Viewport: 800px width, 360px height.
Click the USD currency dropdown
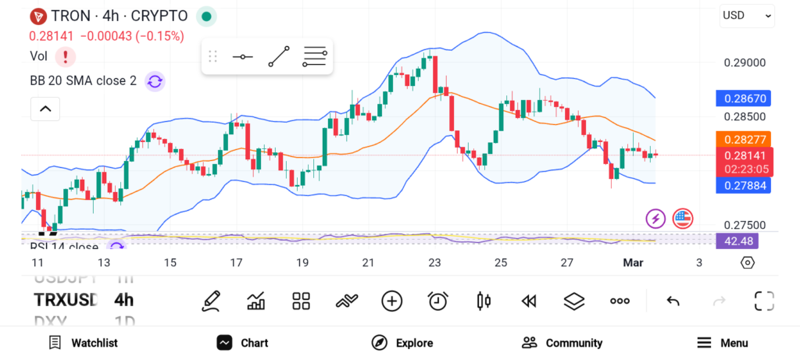coord(746,15)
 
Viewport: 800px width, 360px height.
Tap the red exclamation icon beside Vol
coord(65,56)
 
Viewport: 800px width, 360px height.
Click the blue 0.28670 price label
coord(744,99)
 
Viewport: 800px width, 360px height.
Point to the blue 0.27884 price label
coord(744,185)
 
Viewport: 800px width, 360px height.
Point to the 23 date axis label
coord(434,263)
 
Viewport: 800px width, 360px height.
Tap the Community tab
coord(562,343)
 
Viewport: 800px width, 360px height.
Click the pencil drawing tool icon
coord(210,301)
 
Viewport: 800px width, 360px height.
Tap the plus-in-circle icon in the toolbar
coord(391,301)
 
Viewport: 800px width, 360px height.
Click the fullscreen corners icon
coord(763,301)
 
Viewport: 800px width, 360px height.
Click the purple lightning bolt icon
coord(655,219)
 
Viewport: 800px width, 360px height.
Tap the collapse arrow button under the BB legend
coord(45,109)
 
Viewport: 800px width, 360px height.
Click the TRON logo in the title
coord(37,16)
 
